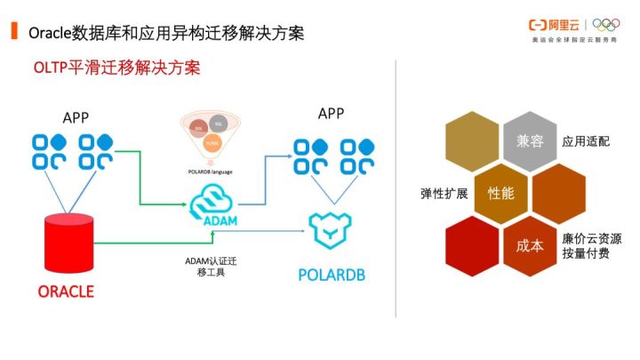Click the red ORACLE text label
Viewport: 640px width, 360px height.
pos(66,292)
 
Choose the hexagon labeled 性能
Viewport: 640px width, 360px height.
pos(500,192)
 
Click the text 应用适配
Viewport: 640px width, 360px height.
pos(586,141)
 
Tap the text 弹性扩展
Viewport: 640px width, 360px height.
pos(444,193)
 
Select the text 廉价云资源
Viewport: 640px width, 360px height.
pos(592,238)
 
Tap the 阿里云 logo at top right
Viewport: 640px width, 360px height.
pos(556,26)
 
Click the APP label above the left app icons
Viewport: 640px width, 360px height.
pos(76,117)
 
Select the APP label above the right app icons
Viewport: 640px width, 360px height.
pos(332,113)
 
